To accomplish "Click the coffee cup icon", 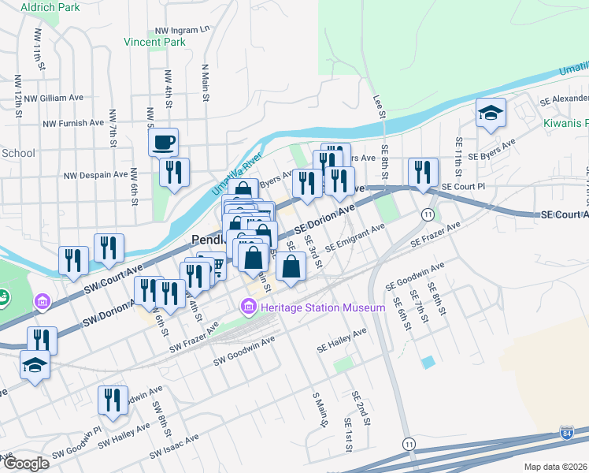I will (x=163, y=143).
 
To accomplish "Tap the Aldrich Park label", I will (x=51, y=7).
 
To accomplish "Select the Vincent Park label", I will (x=155, y=41).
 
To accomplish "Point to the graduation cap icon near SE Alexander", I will (x=491, y=113).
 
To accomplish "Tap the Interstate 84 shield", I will (x=567, y=433).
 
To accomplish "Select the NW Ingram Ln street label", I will (x=182, y=29).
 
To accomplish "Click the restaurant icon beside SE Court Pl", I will (x=423, y=172).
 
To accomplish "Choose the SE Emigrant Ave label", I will (x=354, y=236).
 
